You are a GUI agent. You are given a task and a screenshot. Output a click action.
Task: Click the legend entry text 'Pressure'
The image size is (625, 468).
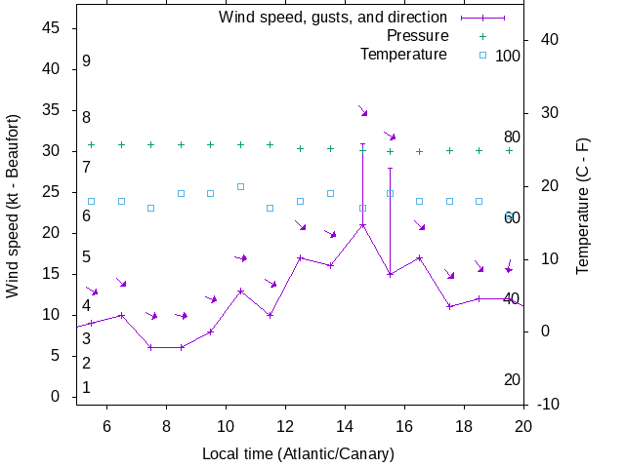[417, 36]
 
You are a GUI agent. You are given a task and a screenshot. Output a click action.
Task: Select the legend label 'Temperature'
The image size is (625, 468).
[403, 54]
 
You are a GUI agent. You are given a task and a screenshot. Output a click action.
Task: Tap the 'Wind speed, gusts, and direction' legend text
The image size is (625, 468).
[333, 18]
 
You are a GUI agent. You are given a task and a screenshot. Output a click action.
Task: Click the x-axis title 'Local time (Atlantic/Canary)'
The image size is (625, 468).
[298, 454]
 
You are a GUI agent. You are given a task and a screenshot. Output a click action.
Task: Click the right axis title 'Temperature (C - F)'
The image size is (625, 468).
[583, 206]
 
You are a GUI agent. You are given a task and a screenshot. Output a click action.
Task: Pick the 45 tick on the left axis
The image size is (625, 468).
[53, 28]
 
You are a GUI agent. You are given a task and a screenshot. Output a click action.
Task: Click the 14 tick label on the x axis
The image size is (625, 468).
[345, 425]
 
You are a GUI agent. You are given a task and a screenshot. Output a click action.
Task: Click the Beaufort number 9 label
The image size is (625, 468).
[86, 61]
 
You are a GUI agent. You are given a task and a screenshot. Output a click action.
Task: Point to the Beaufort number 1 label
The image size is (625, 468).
[86, 387]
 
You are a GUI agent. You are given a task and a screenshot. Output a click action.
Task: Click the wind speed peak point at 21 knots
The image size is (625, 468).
[362, 225]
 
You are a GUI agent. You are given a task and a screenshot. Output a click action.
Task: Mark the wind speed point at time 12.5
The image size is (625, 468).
[301, 257]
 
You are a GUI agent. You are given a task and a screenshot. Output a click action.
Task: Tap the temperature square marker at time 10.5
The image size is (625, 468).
[240, 186]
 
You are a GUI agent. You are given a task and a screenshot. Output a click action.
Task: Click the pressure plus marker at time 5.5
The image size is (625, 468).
[91, 144]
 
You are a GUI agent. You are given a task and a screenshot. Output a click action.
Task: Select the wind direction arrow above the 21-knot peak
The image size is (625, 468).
[362, 111]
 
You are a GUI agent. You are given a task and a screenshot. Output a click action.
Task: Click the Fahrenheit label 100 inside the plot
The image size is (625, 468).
[508, 56]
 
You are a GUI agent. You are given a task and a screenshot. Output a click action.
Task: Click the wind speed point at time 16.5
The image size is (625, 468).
[420, 257]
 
